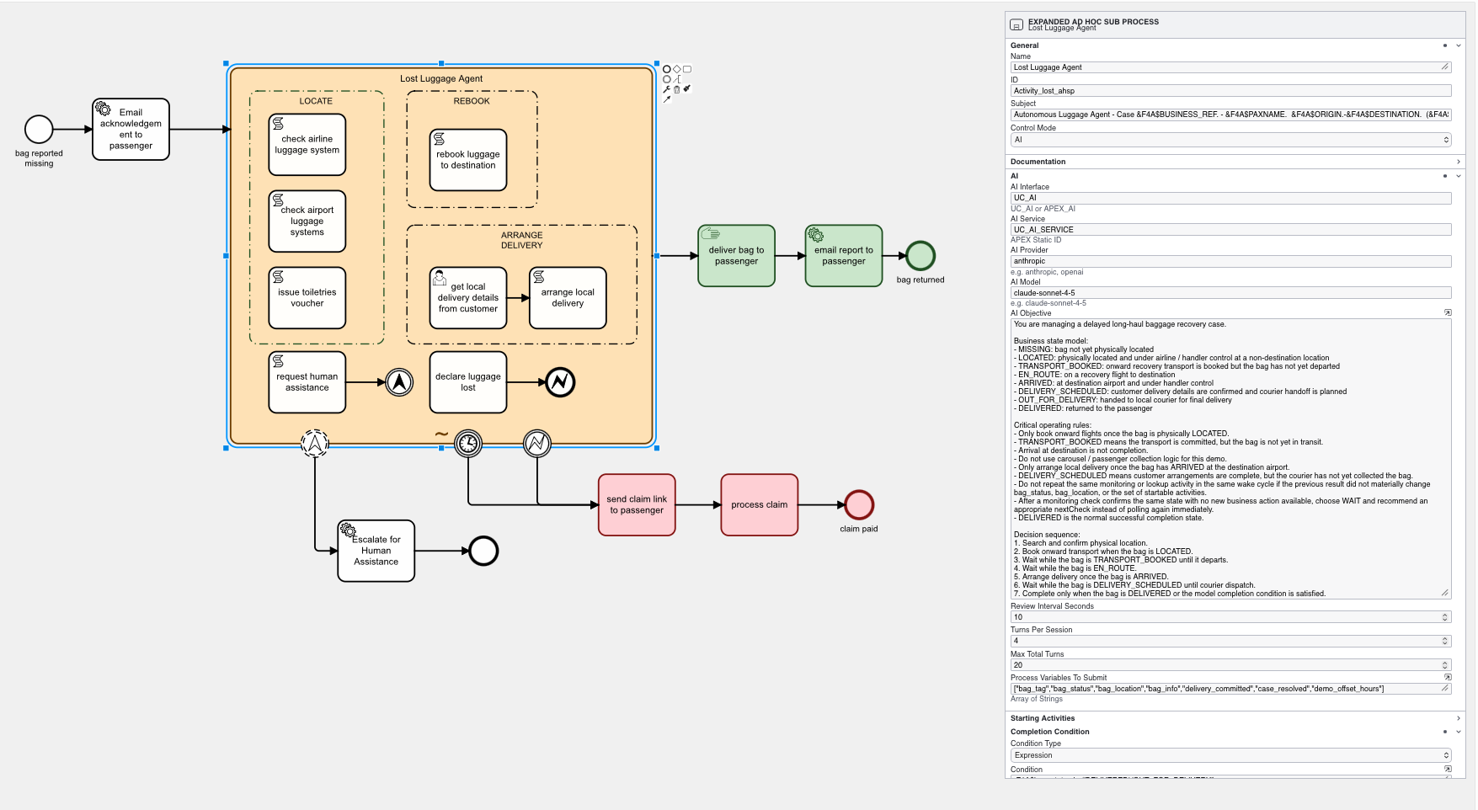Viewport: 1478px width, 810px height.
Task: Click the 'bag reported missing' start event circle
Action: pyautogui.click(x=39, y=129)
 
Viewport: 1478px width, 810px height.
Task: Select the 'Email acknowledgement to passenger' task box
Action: pyautogui.click(x=131, y=129)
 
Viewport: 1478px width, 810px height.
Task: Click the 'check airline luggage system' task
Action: pyautogui.click(x=307, y=145)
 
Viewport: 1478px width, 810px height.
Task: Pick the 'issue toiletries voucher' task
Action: pyautogui.click(x=307, y=298)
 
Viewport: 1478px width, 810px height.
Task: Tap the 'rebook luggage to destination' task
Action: pyautogui.click(x=467, y=160)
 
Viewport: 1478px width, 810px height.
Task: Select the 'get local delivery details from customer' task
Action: pyautogui.click(x=467, y=298)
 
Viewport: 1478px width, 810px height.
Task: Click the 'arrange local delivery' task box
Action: pyautogui.click(x=568, y=298)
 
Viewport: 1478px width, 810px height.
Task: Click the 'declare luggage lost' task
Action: pyautogui.click(x=467, y=382)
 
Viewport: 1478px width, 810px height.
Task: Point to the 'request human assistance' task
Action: pyautogui.click(x=307, y=382)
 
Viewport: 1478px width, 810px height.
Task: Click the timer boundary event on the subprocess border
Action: pyautogui.click(x=468, y=443)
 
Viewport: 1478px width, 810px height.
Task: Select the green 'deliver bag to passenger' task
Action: pyautogui.click(x=736, y=256)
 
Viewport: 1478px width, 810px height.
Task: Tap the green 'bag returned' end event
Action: pyautogui.click(x=920, y=256)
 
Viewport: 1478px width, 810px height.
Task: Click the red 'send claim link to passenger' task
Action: pyautogui.click(x=637, y=505)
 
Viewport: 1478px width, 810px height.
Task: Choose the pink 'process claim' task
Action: pyautogui.click(x=759, y=505)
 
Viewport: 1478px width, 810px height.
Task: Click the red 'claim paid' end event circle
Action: pyautogui.click(x=858, y=505)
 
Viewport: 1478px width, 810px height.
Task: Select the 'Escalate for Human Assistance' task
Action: pyautogui.click(x=376, y=551)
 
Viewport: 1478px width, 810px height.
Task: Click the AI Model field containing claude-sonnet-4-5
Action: pyautogui.click(x=1230, y=293)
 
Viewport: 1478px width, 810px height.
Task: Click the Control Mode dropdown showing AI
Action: pyautogui.click(x=1230, y=140)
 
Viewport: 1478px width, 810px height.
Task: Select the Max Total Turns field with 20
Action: pyautogui.click(x=1225, y=665)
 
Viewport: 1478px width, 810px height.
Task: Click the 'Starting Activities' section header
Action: pyautogui.click(x=1043, y=718)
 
